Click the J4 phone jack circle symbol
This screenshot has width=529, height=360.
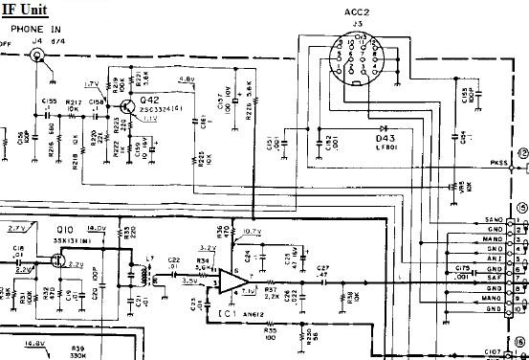tap(41, 56)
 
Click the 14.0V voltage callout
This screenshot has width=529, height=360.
tap(98, 228)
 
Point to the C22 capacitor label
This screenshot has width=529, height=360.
tap(174, 260)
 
